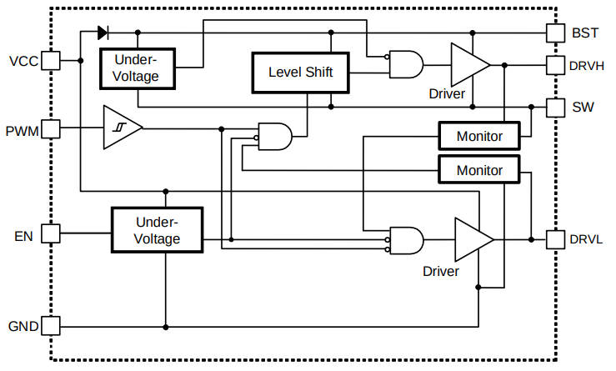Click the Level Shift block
300,73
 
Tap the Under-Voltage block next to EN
158,230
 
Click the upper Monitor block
479,135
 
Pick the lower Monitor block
479,170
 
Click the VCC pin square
50,61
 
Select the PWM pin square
50,128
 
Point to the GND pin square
50,326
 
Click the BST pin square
556,33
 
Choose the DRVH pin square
556,65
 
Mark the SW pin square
556,107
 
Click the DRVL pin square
556,239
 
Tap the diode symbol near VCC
103,33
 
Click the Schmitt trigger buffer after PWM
122,128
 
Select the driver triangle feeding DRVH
469,64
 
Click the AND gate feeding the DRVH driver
405,64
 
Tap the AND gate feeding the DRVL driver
406,240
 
